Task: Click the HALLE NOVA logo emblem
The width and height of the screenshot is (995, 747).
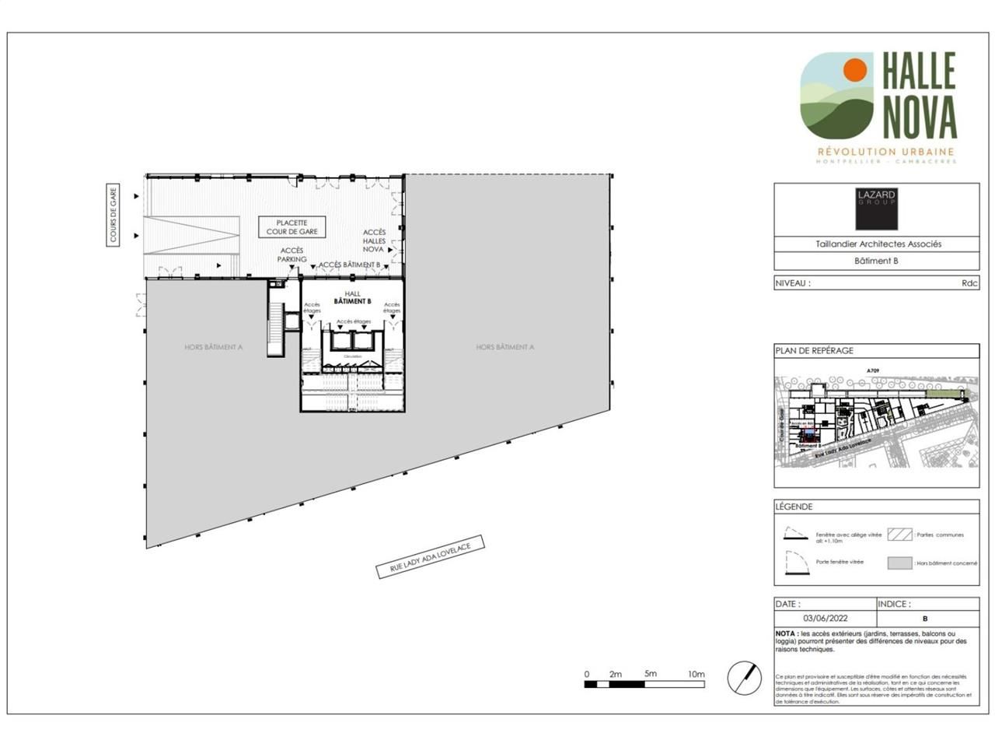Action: point(838,94)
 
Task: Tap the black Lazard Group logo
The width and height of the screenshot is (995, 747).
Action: point(876,209)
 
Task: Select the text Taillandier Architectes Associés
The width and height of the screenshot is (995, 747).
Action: point(878,244)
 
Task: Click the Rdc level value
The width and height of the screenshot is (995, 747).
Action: point(969,283)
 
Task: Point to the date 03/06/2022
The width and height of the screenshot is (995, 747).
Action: point(825,619)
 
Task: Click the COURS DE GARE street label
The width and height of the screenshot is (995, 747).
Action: point(113,216)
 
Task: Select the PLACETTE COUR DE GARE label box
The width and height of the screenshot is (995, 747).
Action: point(292,227)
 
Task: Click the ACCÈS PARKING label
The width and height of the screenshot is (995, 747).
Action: point(292,254)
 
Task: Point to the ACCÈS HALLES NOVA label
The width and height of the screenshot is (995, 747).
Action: point(374,240)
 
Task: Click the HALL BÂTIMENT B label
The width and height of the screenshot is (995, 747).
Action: point(352,297)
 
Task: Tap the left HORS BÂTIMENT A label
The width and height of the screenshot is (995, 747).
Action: point(213,347)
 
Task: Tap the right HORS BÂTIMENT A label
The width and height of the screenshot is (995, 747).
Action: point(504,347)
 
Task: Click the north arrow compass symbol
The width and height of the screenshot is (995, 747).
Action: point(744,678)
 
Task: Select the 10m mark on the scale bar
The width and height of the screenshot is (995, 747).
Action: point(696,674)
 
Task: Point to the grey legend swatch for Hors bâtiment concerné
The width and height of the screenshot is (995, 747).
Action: point(899,563)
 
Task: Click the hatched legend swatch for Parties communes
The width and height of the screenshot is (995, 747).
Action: point(899,535)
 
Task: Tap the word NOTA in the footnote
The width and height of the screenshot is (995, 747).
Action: point(785,633)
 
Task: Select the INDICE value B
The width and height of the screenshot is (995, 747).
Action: point(924,619)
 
